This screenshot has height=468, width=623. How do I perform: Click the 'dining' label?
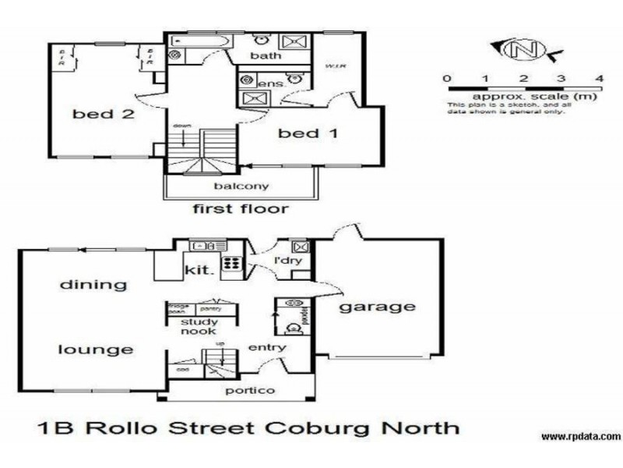[x=93, y=284]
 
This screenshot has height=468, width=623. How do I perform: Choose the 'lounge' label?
[x=95, y=349]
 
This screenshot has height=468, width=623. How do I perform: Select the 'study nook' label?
[x=199, y=326]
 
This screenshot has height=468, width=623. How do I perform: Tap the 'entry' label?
[x=267, y=348]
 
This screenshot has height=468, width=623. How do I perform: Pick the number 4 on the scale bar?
[x=599, y=79]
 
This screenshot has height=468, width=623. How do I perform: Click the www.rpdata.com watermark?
[x=580, y=436]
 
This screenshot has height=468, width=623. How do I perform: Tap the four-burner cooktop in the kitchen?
[x=231, y=264]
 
